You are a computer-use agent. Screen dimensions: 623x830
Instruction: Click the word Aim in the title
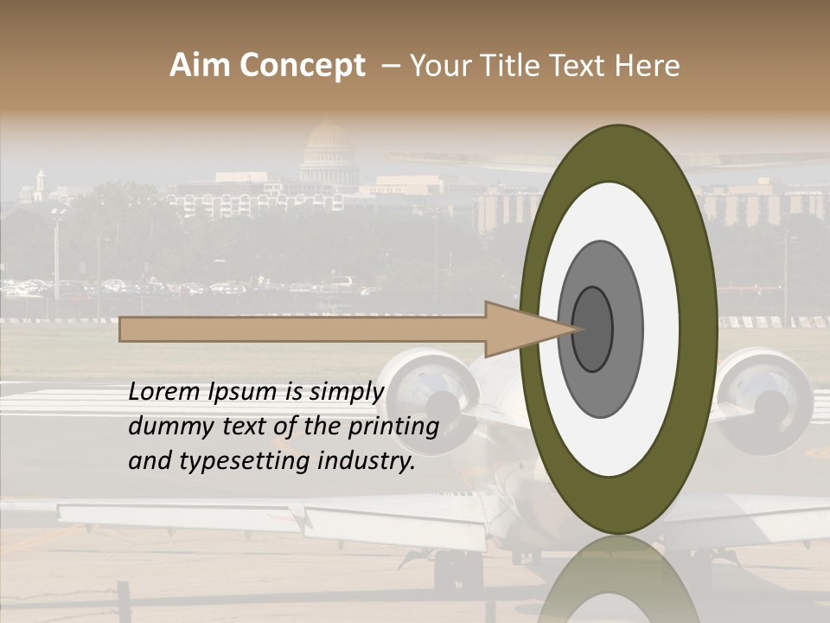(x=199, y=66)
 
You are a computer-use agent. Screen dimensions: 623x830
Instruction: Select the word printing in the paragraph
(x=393, y=427)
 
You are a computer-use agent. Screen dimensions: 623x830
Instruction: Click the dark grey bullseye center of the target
(x=593, y=329)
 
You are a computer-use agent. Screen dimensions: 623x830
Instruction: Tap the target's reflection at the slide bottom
(x=618, y=584)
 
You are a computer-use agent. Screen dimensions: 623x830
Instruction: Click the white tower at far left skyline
(x=40, y=186)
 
